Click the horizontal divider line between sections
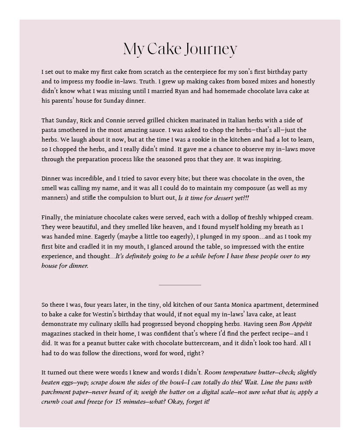tap(180, 285)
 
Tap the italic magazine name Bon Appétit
tap(295, 324)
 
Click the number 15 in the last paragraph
tap(120, 402)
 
